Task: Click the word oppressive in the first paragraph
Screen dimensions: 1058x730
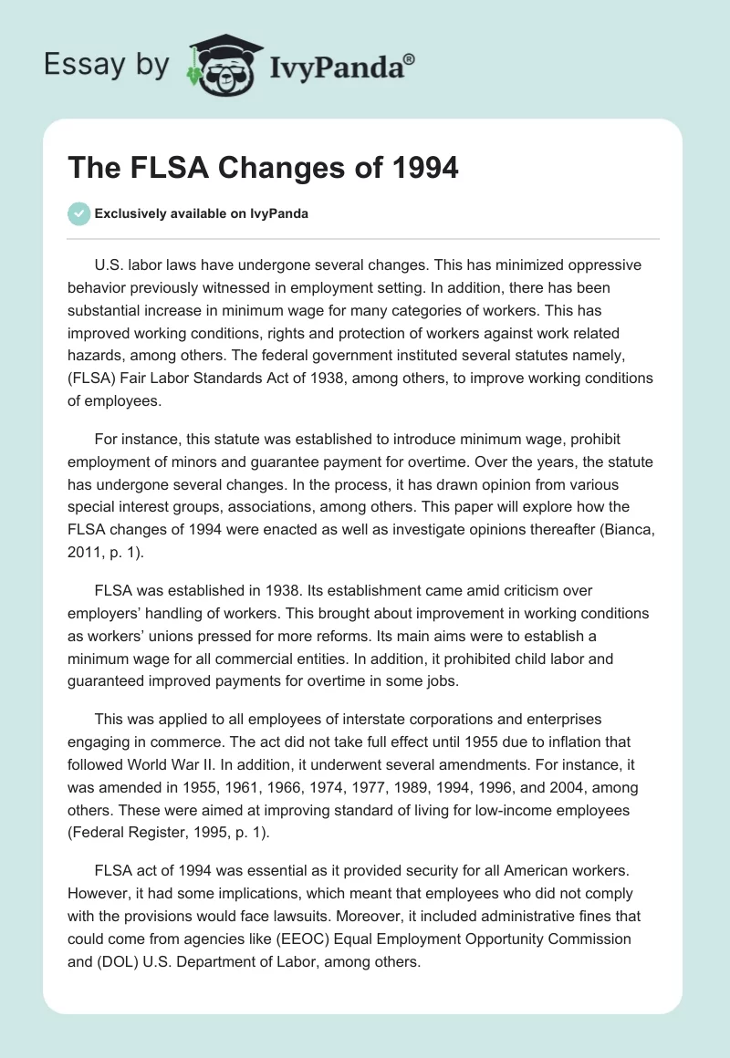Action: tap(600, 265)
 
